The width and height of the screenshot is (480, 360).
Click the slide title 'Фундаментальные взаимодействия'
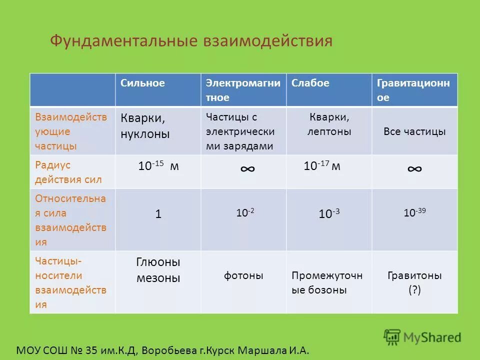(191, 40)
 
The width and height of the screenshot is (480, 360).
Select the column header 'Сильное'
(142, 83)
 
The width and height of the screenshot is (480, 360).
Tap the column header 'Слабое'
(310, 83)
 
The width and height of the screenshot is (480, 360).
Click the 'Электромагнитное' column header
(243, 90)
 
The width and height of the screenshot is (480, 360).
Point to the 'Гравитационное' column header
(413, 90)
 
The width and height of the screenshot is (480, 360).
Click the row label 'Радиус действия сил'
(68, 172)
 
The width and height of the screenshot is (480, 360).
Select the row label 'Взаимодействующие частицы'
(71, 131)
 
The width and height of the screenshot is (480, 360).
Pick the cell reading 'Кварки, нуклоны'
(145, 126)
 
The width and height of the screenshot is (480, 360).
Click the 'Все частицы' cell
(414, 132)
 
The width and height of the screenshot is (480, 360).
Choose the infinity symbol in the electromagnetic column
(247, 168)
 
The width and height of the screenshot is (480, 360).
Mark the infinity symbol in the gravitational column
(414, 168)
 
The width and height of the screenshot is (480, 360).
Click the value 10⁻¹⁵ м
(158, 166)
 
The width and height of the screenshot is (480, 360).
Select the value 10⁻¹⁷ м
(322, 166)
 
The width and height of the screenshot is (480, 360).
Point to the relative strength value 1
(158, 214)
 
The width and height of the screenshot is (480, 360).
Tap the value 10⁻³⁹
(414, 213)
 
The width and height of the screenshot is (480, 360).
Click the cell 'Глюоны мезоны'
(158, 270)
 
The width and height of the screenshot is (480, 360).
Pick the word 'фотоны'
(243, 275)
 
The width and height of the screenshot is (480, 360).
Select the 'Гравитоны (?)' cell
(414, 282)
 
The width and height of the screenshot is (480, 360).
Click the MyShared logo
(422, 337)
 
